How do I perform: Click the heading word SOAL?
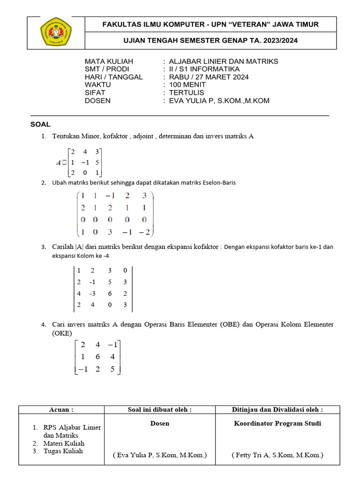tap(40, 124)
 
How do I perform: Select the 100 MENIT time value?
tap(187, 85)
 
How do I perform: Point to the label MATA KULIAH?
tap(109, 61)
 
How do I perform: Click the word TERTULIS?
tap(187, 93)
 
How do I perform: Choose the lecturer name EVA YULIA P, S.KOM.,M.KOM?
tap(219, 101)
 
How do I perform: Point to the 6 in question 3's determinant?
tap(109, 293)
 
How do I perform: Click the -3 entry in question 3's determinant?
tap(94, 293)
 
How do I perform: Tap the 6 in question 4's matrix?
tap(97, 357)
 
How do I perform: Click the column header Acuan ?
tap(61, 410)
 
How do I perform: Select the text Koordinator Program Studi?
tap(277, 423)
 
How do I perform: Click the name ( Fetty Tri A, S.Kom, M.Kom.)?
tap(277, 455)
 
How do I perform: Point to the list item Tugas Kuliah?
tap(64, 451)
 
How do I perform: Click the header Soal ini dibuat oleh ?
tap(160, 410)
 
